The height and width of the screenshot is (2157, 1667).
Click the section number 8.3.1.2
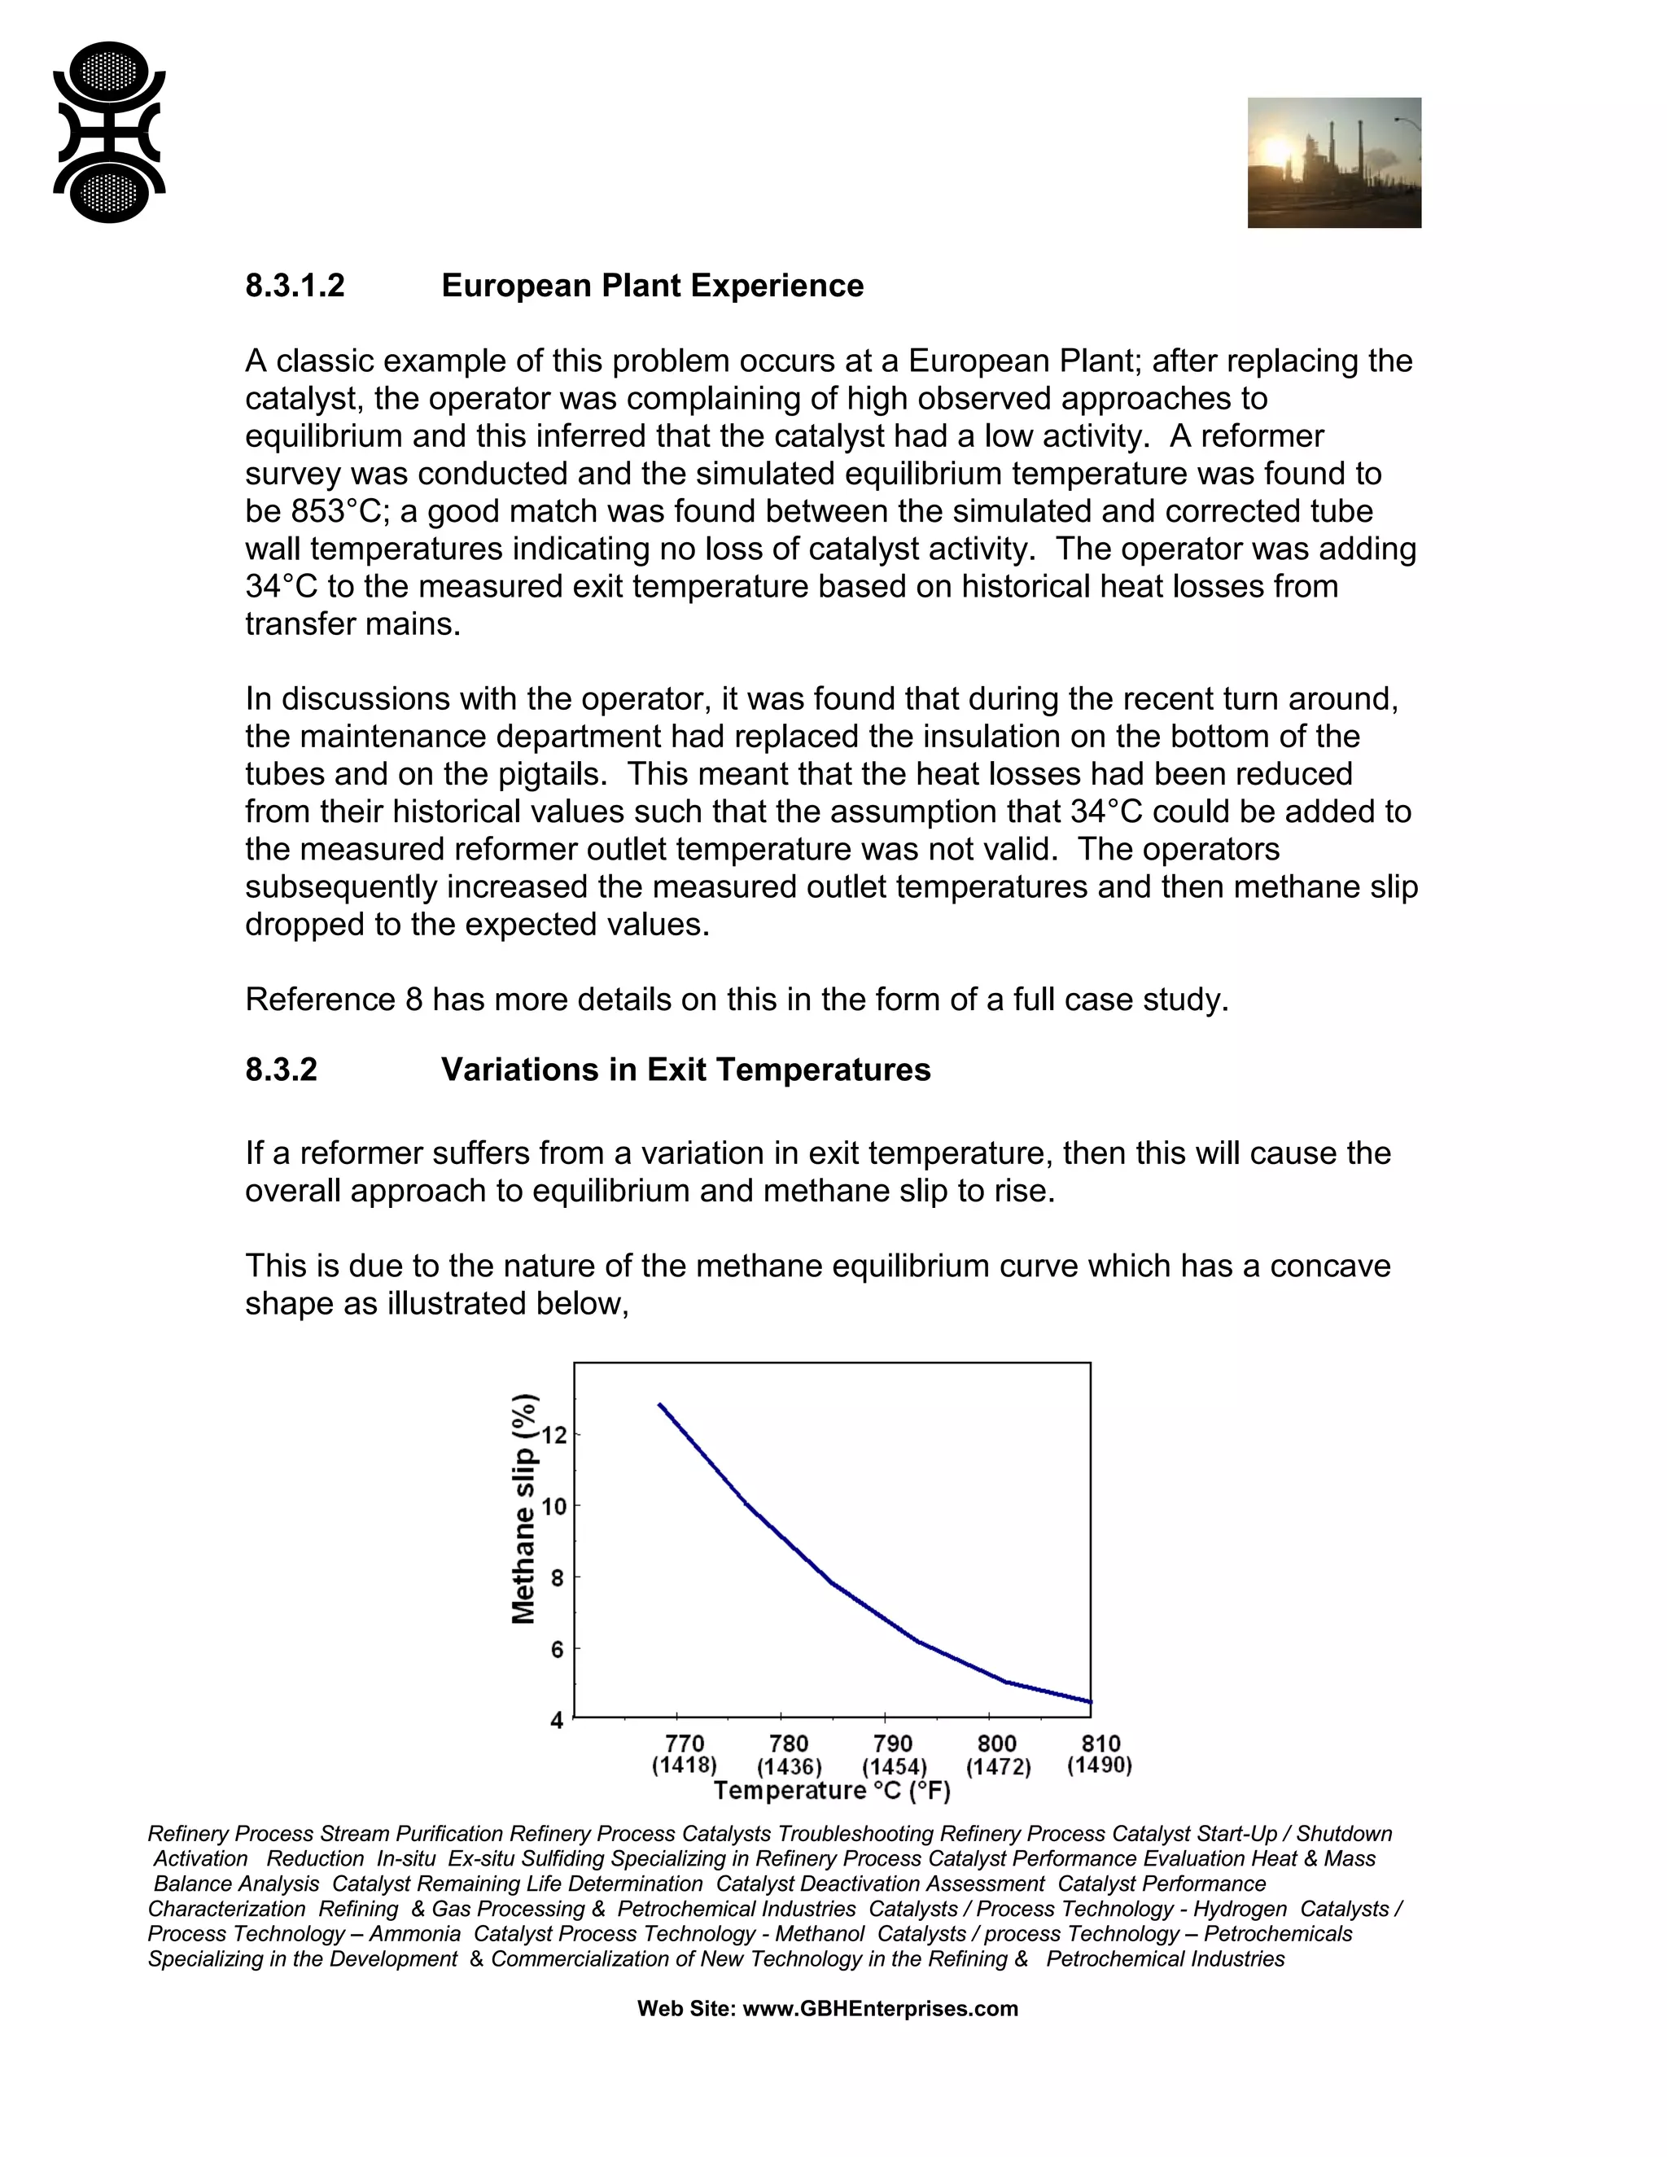(x=295, y=287)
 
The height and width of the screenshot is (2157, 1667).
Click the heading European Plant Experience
(x=652, y=287)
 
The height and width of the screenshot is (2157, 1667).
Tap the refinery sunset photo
(x=1333, y=163)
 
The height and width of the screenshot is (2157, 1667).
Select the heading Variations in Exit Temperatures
(x=685, y=1070)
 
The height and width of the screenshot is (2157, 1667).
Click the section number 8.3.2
(x=282, y=1070)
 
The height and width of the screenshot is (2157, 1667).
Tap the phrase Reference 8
(x=334, y=1000)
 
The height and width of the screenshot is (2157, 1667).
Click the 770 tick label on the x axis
(x=685, y=1744)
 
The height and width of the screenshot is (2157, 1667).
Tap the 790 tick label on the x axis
(x=893, y=1744)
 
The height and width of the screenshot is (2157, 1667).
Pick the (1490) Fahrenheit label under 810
(x=1099, y=1765)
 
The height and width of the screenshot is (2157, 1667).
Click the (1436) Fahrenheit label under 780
(x=789, y=1767)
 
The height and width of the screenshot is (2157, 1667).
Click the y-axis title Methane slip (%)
(x=524, y=1508)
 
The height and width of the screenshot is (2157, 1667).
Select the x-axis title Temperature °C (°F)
(x=832, y=1791)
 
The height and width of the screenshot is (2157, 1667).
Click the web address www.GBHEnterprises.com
(x=880, y=2009)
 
